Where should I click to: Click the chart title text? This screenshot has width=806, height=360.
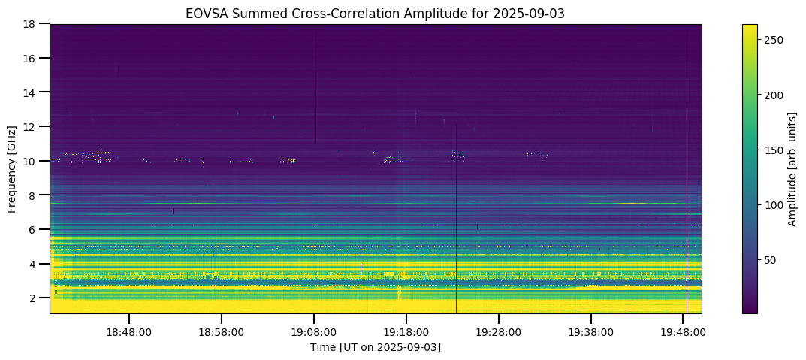coord(376,13)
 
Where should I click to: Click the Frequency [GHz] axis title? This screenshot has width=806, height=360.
coord(12,168)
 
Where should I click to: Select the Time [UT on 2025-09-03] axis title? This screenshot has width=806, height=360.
coord(376,347)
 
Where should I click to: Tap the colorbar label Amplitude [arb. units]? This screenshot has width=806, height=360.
coord(792,168)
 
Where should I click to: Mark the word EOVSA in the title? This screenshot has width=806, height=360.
coord(204,13)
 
